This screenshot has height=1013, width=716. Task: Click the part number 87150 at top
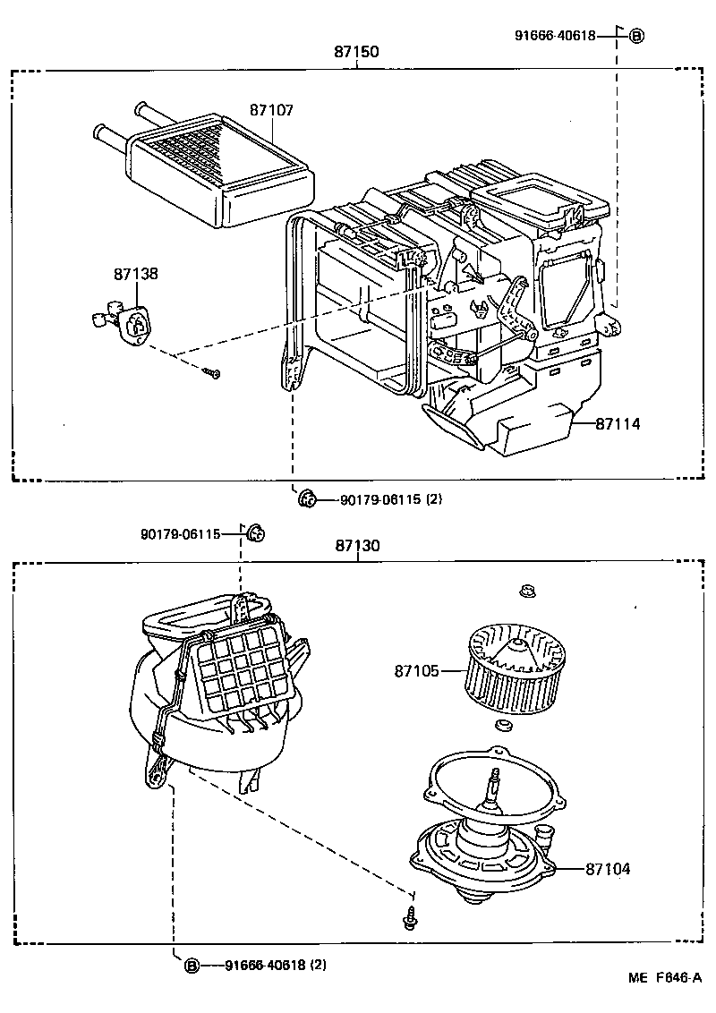coord(356,52)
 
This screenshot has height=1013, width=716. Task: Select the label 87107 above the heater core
coord(271,110)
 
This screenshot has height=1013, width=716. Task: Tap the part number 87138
coord(135,274)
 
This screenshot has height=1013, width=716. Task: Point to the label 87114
coord(618,424)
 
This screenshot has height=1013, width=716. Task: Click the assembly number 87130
coord(357,546)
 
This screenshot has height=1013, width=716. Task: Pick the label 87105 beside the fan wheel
coord(416,669)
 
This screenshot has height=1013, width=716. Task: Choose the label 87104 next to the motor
coord(608,868)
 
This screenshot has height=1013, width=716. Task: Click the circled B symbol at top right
coord(635,36)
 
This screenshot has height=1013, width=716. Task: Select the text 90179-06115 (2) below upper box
coord(390,499)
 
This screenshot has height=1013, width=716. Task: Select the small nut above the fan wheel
coord(527,590)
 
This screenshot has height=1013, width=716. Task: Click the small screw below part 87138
coord(212,372)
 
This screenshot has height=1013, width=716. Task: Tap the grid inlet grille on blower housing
coord(243,668)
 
